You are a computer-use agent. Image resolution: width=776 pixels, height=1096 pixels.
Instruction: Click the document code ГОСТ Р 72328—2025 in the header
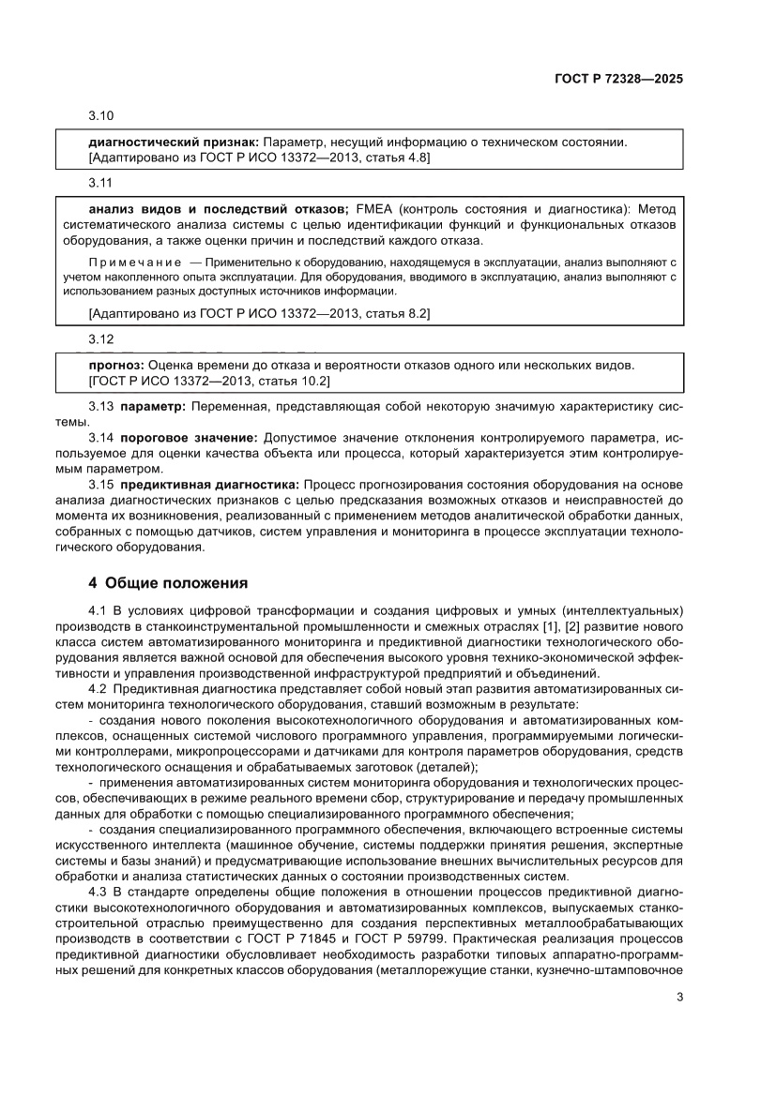click(612, 79)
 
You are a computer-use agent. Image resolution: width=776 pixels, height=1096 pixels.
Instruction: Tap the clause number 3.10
click(100, 116)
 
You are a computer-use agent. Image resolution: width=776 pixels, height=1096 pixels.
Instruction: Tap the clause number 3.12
click(100, 338)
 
